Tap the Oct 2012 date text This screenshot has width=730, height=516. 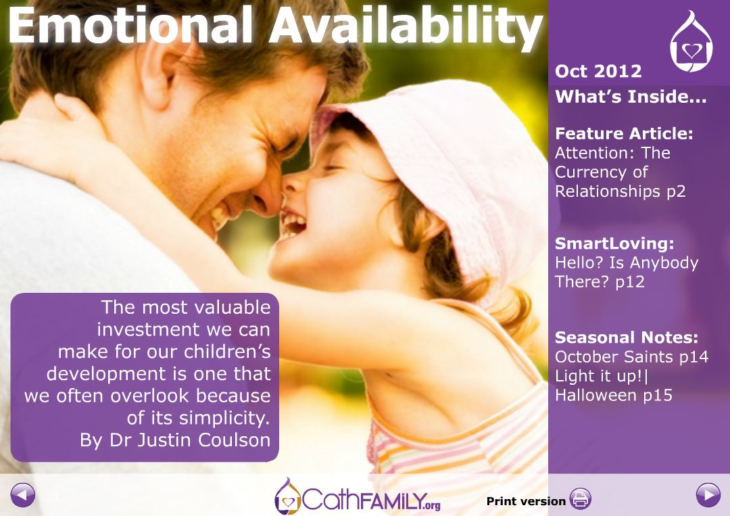coord(598,71)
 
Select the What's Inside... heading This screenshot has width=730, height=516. coord(631,97)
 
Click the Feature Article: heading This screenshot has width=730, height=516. coord(624,134)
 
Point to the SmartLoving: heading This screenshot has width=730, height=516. coord(614,243)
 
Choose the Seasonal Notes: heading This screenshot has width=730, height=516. coord(627,337)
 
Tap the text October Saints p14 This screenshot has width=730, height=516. coord(632,356)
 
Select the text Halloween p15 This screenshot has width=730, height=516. coord(614,396)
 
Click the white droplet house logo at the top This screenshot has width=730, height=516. coord(691,42)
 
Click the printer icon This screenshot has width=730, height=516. coord(580,499)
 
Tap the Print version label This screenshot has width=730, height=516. coord(526,501)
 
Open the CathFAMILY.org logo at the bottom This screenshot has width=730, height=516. coord(357,496)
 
